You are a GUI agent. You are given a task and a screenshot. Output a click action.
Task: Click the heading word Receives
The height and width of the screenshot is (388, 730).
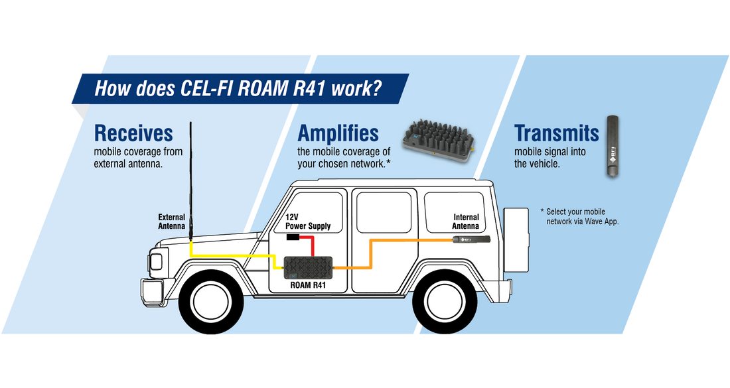pos(133,133)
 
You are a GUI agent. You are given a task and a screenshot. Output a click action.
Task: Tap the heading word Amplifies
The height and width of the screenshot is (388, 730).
pos(338,133)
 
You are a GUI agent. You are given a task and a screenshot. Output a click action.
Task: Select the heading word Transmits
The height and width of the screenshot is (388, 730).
pos(556,133)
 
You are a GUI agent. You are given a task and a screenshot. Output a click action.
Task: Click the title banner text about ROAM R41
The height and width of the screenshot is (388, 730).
pos(238,88)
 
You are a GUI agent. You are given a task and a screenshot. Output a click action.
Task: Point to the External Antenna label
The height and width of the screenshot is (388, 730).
pos(171,221)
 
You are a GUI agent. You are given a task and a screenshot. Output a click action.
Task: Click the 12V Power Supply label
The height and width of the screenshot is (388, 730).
pos(307,222)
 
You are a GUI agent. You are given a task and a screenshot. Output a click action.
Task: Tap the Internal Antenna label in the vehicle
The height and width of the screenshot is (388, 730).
pos(466,222)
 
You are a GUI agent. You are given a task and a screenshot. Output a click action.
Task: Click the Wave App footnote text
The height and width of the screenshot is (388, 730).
pos(582,217)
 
